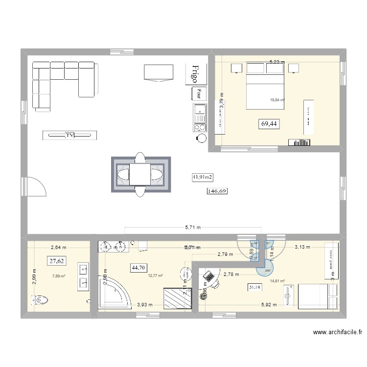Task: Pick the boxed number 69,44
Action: pyautogui.click(x=269, y=124)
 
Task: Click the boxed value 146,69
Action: pyautogui.click(x=218, y=191)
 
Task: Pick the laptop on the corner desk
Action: pyautogui.click(x=209, y=277)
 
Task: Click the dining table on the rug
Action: pyautogui.click(x=140, y=174)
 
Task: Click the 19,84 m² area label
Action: pyautogui.click(x=277, y=101)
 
